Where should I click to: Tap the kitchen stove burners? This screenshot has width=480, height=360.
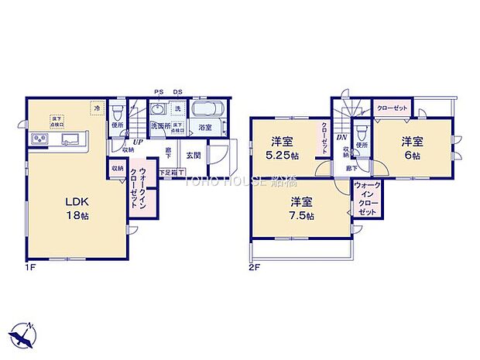pyautogui.click(x=39, y=139)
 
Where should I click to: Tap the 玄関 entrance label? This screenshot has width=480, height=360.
pyautogui.click(x=190, y=154)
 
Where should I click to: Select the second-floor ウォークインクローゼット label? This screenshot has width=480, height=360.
pyautogui.click(x=368, y=200)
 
